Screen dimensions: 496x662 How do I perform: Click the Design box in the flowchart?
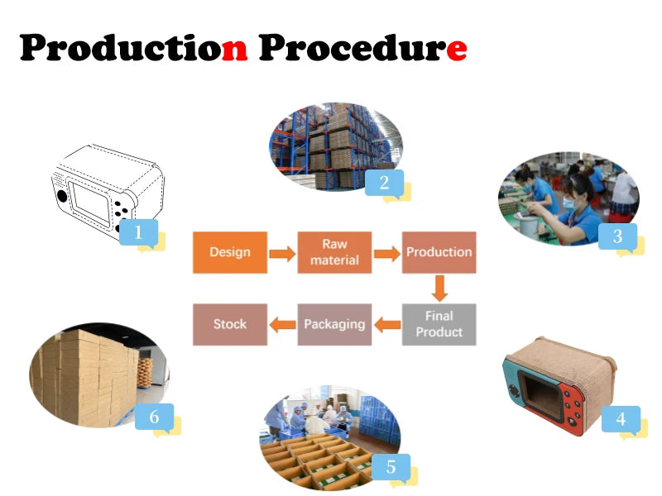[x=229, y=252]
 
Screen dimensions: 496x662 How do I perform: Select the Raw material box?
[x=334, y=252]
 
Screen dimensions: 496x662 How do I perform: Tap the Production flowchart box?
[x=439, y=252]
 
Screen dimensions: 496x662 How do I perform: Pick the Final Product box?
[x=439, y=324]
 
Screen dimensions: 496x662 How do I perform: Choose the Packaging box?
[x=334, y=324]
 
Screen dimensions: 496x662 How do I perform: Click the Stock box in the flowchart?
[x=229, y=324]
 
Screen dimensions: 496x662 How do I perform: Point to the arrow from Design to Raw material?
[x=282, y=253]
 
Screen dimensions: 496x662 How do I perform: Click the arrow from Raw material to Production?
[x=386, y=253]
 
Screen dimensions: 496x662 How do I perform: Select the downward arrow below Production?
[x=439, y=289]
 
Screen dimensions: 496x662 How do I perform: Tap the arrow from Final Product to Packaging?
[x=387, y=325]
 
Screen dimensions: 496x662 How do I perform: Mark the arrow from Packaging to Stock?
[x=283, y=325]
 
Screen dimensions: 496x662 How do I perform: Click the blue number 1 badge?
[x=138, y=233]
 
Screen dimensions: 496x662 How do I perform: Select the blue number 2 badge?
[x=384, y=184]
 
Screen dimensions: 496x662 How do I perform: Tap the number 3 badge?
[x=617, y=236]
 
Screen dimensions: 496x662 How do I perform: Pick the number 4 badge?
[x=621, y=419]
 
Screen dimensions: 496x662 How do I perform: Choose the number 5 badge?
[x=391, y=467]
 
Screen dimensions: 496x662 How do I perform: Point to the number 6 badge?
[x=154, y=417]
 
